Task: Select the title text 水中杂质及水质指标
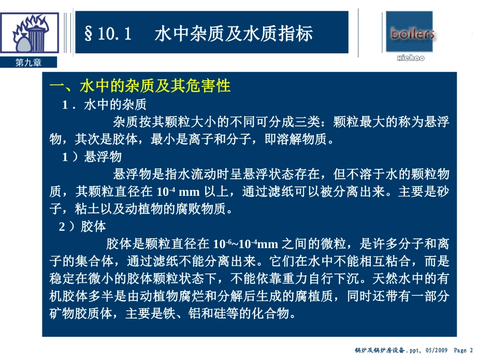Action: coord(234,34)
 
